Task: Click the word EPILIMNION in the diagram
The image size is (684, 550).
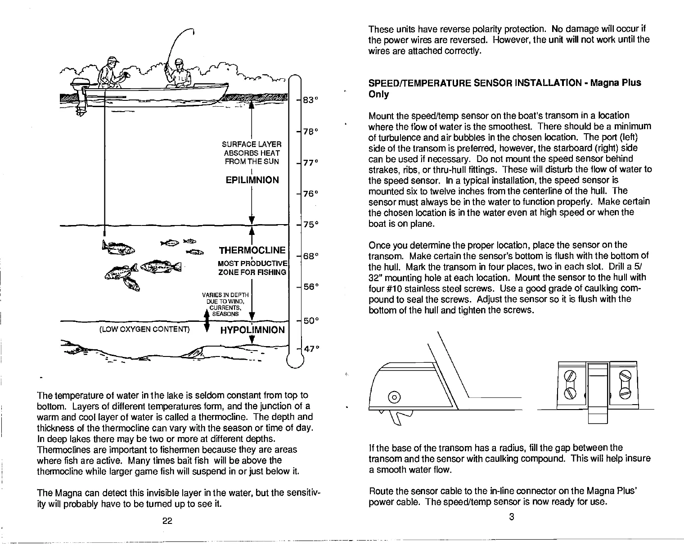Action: click(252, 180)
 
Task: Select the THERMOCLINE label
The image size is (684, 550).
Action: click(252, 250)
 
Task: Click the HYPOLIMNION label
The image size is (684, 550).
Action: click(252, 330)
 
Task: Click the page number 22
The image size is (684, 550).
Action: click(167, 521)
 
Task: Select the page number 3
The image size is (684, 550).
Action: click(511, 517)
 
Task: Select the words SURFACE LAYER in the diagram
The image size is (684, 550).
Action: click(252, 144)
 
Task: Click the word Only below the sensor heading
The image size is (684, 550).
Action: click(378, 95)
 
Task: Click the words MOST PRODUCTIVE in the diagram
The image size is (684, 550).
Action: click(252, 263)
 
